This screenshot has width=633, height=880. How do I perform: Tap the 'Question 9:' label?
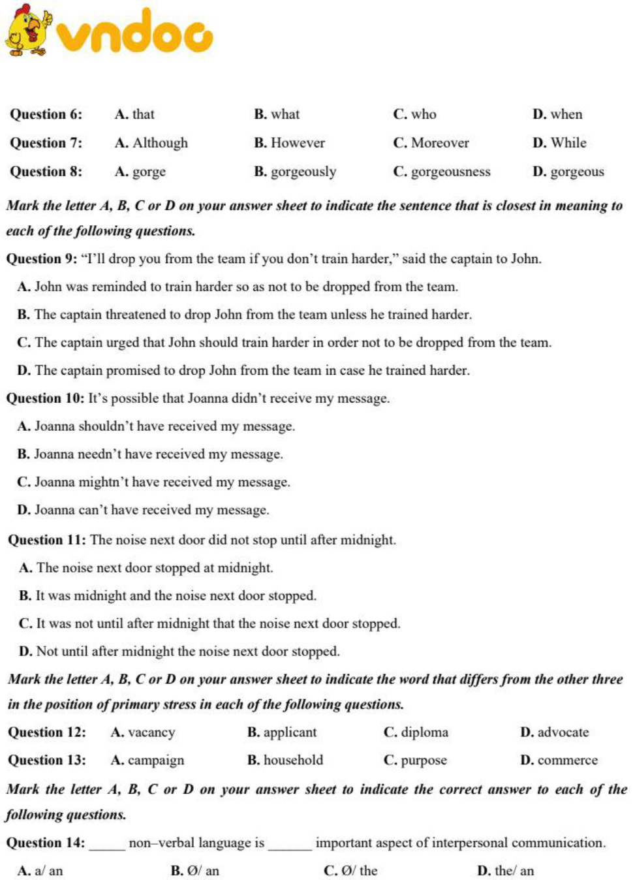[42, 259]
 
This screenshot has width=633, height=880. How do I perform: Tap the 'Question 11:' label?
[46, 540]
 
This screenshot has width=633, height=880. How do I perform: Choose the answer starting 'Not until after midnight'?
[179, 652]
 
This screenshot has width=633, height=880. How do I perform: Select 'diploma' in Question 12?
[416, 732]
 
